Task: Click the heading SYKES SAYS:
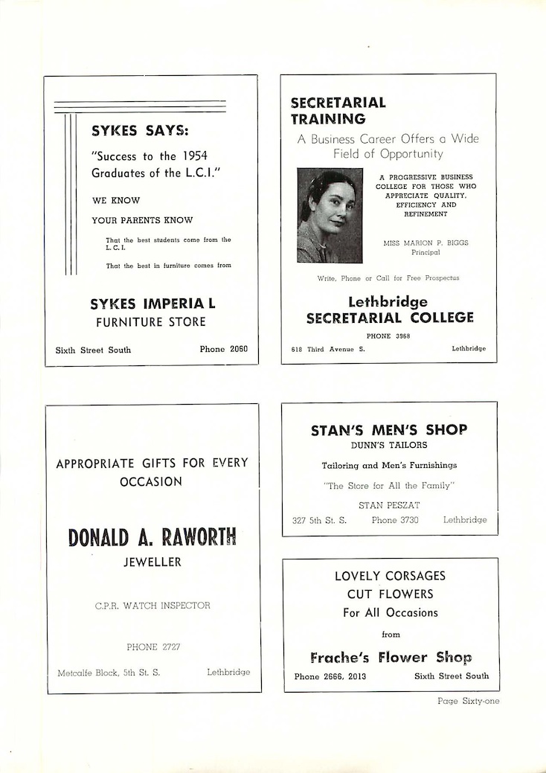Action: pyautogui.click(x=140, y=131)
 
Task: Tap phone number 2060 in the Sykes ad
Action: pyautogui.click(x=223, y=349)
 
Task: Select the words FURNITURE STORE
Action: pyautogui.click(x=150, y=322)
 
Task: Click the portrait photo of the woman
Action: pyautogui.click(x=330, y=216)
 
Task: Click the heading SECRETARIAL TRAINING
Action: pyautogui.click(x=338, y=110)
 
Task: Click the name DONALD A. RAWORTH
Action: pyautogui.click(x=152, y=537)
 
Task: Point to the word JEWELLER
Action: pyautogui.click(x=152, y=562)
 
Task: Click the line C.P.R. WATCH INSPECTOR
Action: pyautogui.click(x=152, y=606)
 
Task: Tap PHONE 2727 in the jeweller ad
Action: pyautogui.click(x=153, y=647)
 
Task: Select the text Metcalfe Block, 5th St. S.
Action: pyautogui.click(x=109, y=673)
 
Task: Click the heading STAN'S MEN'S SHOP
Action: pyautogui.click(x=389, y=430)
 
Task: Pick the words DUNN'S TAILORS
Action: pyautogui.click(x=389, y=446)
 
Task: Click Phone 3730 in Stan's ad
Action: pyautogui.click(x=395, y=520)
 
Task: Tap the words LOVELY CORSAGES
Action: pyautogui.click(x=390, y=576)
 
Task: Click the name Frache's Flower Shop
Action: pyautogui.click(x=391, y=658)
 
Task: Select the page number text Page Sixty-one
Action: pyautogui.click(x=468, y=700)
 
